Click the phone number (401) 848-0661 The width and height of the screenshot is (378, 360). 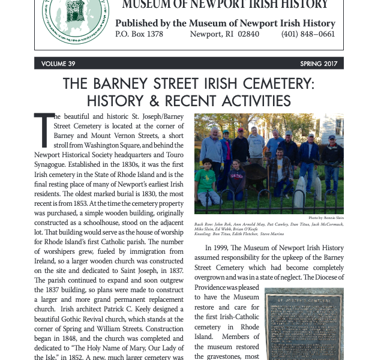tap(308, 34)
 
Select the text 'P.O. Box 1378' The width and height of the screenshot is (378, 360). tap(139, 34)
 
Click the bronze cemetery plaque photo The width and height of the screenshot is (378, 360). tap(304, 324)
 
